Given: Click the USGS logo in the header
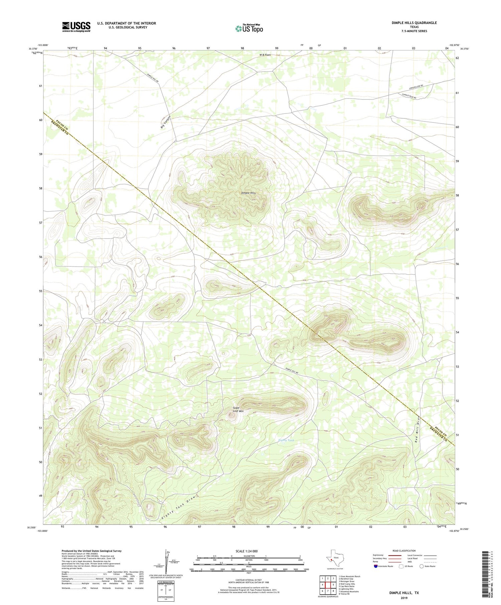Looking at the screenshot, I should pyautogui.click(x=76, y=27).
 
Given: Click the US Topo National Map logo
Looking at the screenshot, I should pyautogui.click(x=249, y=28).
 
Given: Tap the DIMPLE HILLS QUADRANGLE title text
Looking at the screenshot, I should pyautogui.click(x=414, y=23).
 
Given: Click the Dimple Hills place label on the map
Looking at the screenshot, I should pyautogui.click(x=248, y=193).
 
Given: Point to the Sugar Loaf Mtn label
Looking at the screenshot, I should pyautogui.click(x=238, y=409).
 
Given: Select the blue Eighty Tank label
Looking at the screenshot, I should pyautogui.click(x=287, y=440).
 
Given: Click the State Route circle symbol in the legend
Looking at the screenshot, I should pyautogui.click(x=422, y=566).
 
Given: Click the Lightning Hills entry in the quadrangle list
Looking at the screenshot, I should pyautogui.click(x=346, y=589).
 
